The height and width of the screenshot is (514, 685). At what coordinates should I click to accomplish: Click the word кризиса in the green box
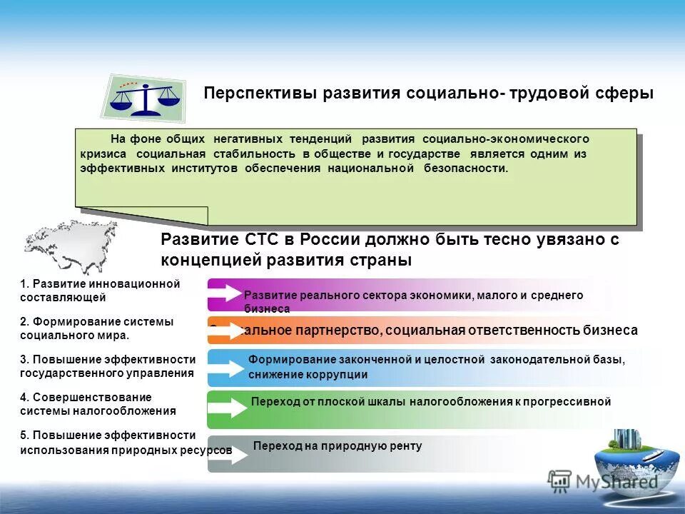103,153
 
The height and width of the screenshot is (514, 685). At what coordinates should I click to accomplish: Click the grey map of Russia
71,246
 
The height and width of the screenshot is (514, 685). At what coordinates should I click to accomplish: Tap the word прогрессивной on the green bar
572,402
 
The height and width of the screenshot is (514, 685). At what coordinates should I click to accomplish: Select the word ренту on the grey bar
407,446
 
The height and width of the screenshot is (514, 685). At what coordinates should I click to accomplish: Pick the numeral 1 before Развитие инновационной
24,284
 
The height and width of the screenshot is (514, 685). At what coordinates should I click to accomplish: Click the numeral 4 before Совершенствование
24,397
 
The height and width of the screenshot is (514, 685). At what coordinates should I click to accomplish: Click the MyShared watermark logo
604,481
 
